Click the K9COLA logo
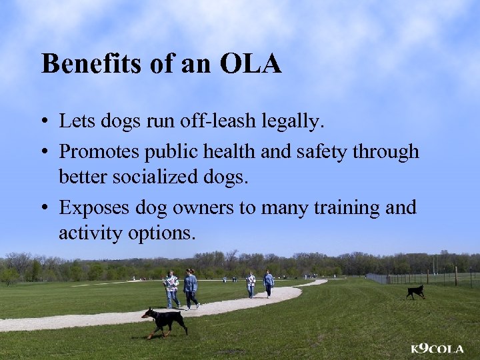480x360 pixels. point(437,348)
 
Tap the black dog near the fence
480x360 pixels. point(416,291)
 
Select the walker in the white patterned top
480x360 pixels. point(171,289)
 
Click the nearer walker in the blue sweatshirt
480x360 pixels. point(191,288)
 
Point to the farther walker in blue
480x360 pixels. point(269,283)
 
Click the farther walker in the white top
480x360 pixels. point(251,283)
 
